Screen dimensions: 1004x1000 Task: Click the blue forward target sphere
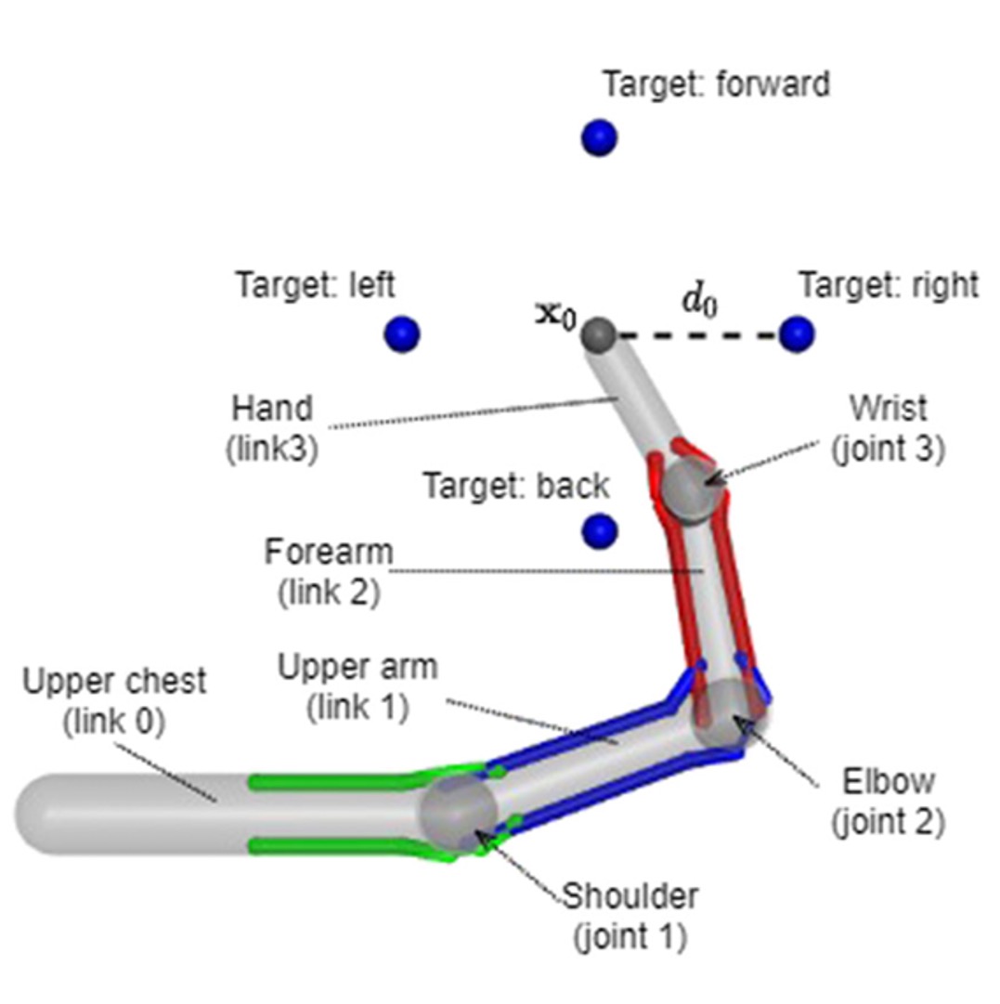click(599, 138)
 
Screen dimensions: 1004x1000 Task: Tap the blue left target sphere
click(402, 333)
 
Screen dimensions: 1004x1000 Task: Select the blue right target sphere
click(797, 333)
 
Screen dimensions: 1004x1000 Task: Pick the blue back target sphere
click(599, 531)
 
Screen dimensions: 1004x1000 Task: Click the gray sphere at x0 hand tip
click(599, 333)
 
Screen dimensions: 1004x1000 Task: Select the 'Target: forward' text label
click(716, 85)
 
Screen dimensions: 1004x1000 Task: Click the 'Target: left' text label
click(315, 283)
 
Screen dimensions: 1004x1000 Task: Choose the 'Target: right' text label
click(889, 284)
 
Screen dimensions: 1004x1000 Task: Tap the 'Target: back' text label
click(516, 485)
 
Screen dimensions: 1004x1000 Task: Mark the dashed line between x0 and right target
click(696, 334)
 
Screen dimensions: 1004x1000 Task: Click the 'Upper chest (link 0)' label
click(114, 701)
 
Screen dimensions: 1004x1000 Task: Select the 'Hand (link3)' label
click(272, 427)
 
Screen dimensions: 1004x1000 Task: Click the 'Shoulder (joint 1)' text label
click(630, 917)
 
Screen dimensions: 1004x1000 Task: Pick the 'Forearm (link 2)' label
click(329, 571)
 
